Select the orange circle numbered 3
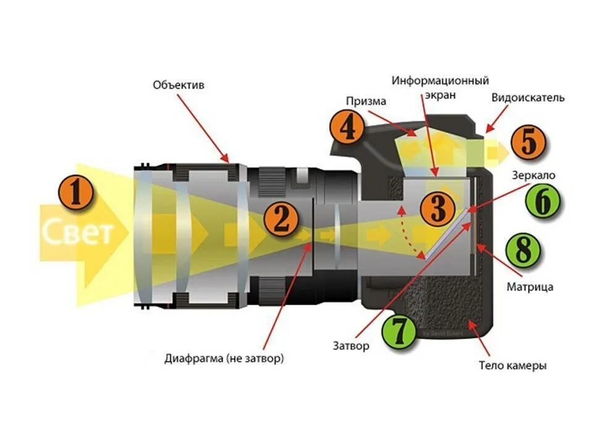[437, 209]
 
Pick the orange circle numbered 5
[529, 142]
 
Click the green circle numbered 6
[542, 202]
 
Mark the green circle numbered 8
[523, 251]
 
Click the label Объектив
[179, 85]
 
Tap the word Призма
[366, 101]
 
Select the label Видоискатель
[528, 98]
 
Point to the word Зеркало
[534, 175]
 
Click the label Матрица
[529, 287]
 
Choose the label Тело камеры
[512, 365]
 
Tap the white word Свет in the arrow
[78, 233]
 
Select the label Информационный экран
[440, 88]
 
